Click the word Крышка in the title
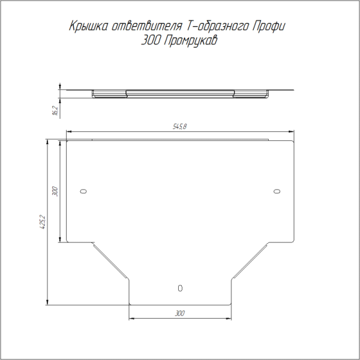(88, 26)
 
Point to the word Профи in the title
(269, 26)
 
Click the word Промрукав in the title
(191, 41)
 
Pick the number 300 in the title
(151, 41)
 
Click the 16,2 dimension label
(56, 110)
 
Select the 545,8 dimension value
(180, 126)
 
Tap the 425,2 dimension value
(43, 222)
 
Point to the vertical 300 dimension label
(55, 191)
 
